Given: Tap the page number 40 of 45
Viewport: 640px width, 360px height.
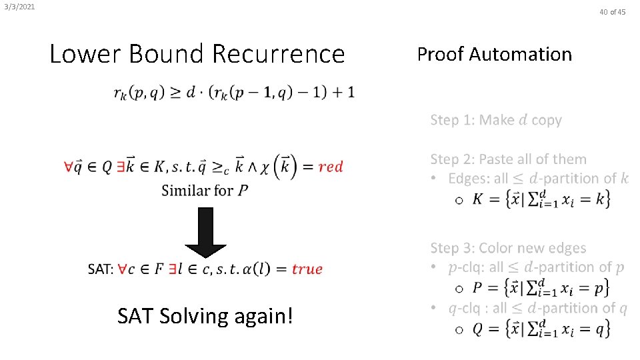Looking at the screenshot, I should click(x=612, y=12).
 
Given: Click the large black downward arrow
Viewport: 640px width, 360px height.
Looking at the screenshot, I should click(x=206, y=233).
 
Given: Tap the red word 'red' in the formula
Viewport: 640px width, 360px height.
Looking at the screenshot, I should click(x=331, y=167).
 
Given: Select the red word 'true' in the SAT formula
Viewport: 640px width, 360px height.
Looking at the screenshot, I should click(x=307, y=269).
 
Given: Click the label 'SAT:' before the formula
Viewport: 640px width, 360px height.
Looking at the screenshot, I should click(x=100, y=269).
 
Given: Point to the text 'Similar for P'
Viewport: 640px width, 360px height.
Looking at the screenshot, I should click(x=205, y=191).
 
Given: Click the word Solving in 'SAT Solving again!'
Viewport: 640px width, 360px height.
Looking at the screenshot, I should click(x=197, y=315).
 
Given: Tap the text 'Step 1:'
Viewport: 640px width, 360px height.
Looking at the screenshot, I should click(x=453, y=121).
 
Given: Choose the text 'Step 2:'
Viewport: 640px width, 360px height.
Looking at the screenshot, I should click(x=453, y=159).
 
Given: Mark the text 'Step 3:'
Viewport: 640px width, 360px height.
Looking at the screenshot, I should click(x=453, y=249).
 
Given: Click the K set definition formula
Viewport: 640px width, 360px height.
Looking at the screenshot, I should click(x=541, y=199).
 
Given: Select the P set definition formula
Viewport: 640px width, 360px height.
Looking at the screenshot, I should click(x=541, y=287).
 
